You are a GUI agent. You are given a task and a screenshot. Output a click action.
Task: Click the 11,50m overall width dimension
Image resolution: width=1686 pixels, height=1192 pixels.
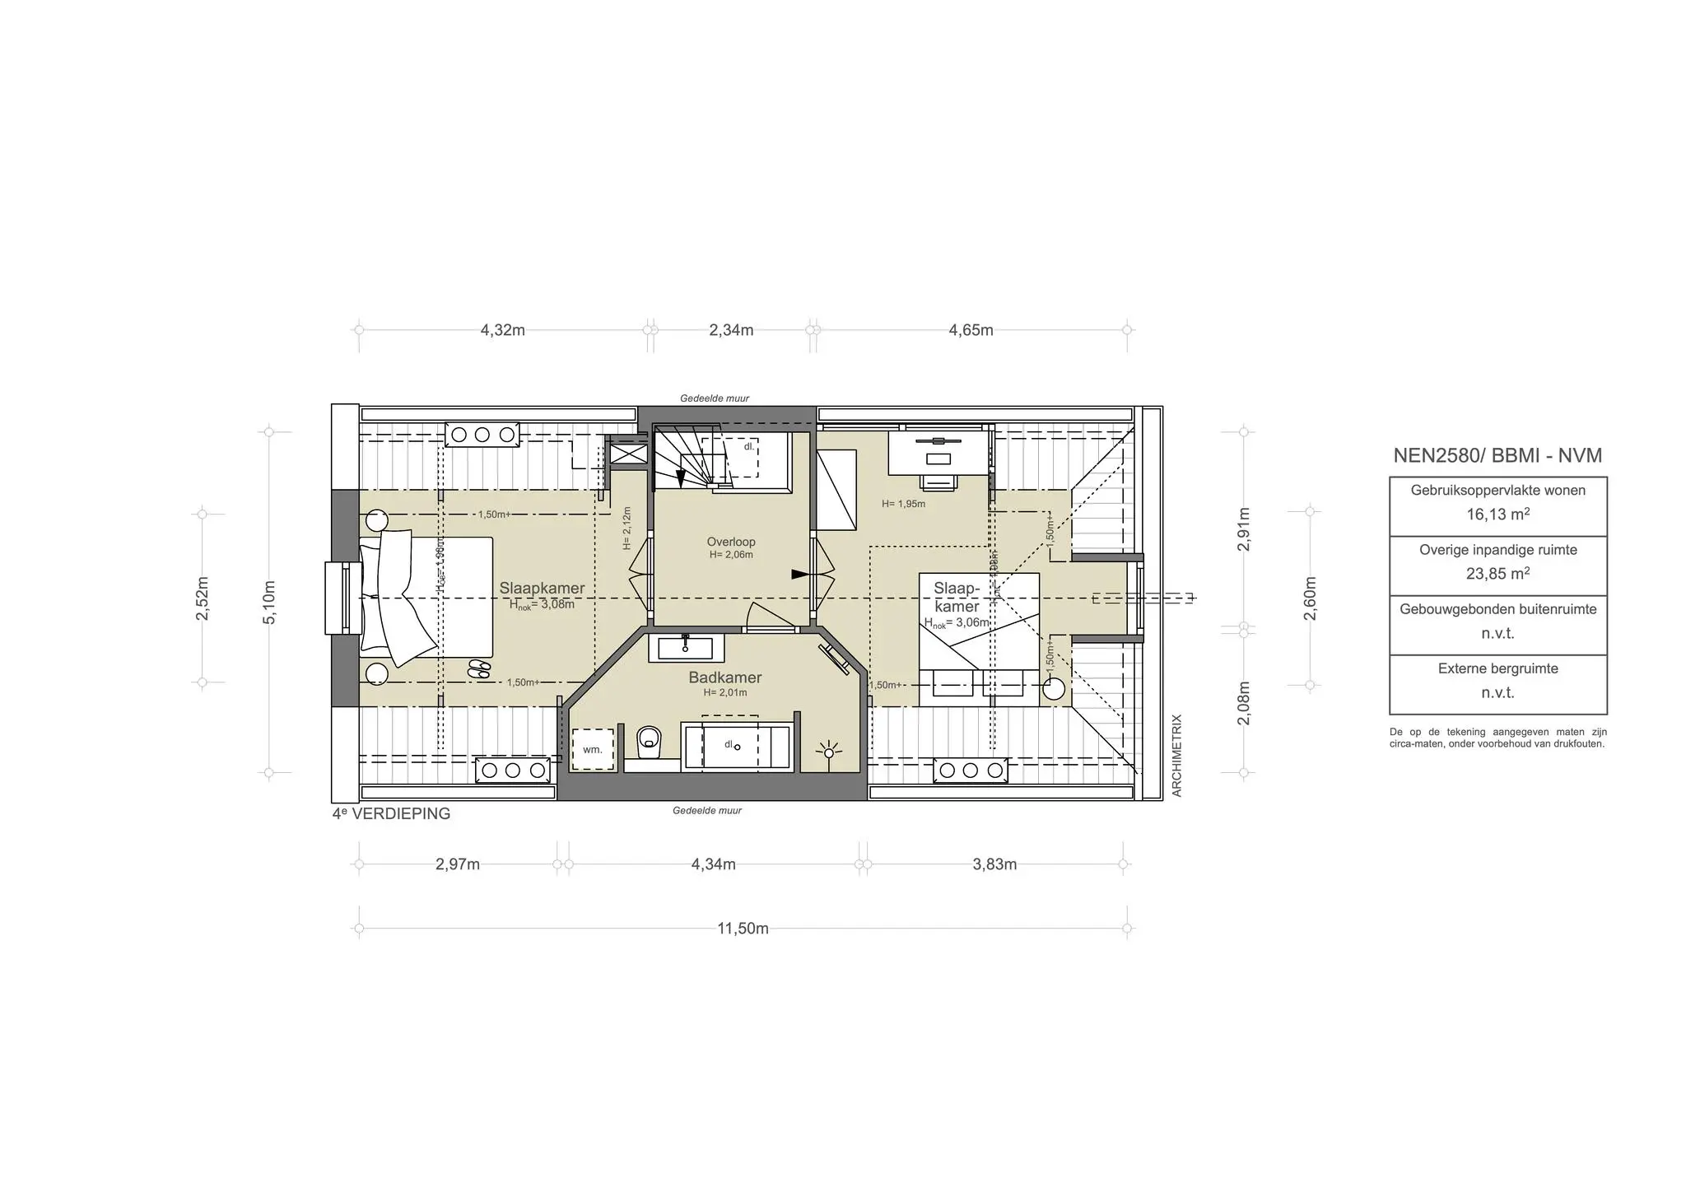pos(743,929)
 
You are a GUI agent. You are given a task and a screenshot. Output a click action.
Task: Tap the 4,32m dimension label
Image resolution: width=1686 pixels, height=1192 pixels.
pos(502,330)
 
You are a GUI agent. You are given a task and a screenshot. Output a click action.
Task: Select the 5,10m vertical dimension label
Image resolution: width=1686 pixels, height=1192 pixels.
pos(269,602)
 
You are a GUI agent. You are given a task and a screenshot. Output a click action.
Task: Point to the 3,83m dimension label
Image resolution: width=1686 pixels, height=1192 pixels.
pos(994,864)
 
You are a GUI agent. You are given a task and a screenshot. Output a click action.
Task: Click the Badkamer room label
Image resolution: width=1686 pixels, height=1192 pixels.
pos(724,677)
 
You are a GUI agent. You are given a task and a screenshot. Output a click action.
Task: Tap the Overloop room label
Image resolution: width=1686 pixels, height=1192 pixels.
pos(731,542)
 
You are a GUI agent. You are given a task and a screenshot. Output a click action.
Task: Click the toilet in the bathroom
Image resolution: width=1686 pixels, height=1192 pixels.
pos(650,740)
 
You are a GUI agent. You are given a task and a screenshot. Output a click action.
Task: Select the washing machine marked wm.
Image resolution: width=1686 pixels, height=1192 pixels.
pos(594,749)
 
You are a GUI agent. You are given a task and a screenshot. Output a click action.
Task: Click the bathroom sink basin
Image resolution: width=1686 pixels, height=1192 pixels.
pos(684,648)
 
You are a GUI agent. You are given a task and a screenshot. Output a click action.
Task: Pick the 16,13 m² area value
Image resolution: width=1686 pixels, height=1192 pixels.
pos(1497,515)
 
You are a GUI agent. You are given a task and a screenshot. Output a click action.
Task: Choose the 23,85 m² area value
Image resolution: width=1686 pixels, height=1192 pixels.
pos(1497,574)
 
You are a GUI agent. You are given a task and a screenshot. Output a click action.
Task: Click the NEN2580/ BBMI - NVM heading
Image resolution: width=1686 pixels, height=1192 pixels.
pos(1497,455)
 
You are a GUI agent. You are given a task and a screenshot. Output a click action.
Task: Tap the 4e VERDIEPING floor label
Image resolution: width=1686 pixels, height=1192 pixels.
pos(391,814)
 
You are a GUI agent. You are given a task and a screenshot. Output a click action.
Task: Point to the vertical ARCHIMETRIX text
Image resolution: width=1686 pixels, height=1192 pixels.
pos(1176,755)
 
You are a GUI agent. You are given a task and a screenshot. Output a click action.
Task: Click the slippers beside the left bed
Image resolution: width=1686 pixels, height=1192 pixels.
pos(478,668)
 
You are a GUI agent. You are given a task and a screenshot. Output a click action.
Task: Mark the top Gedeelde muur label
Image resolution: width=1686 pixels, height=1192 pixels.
pos(715,398)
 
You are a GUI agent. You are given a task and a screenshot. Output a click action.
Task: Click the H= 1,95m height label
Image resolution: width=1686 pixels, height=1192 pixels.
pos(903,504)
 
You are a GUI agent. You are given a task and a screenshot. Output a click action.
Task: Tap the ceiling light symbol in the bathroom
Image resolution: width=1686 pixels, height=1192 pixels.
pos(828,751)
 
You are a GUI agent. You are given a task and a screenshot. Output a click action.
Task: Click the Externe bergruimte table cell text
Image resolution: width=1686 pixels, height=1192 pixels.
pos(1497,669)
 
